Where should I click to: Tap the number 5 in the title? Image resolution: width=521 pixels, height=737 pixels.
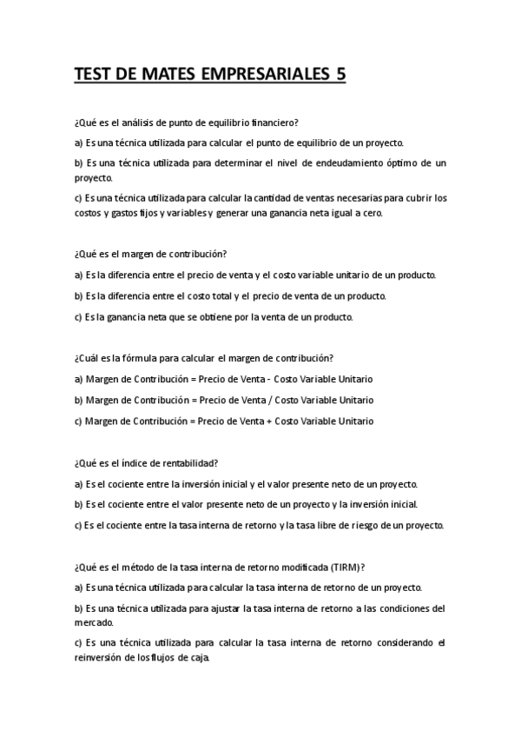point(340,76)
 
